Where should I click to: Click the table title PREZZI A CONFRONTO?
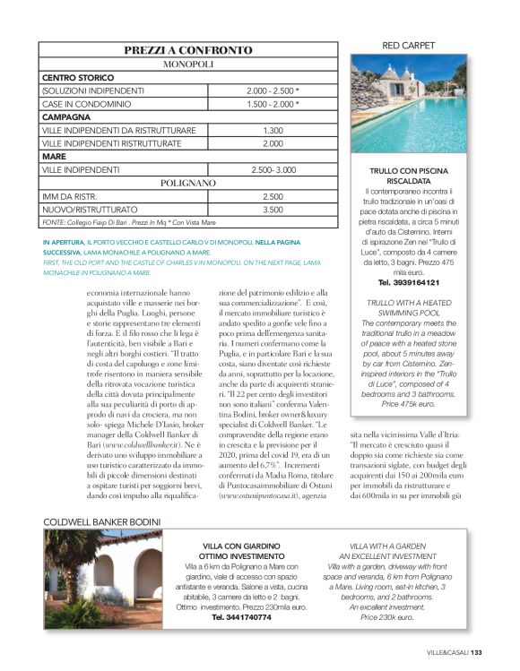point(188,51)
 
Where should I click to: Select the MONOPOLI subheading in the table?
point(188,65)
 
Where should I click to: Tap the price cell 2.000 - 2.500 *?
point(273,91)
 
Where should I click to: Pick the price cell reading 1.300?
point(273,131)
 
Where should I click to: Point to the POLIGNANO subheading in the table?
point(188,183)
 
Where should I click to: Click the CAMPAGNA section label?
point(66,117)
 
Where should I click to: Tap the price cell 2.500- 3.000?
point(273,169)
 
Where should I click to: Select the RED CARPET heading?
point(409,45)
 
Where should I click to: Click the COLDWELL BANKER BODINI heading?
point(101,521)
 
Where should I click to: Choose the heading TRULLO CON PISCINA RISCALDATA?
point(409,176)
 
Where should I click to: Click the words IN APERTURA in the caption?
point(62,243)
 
